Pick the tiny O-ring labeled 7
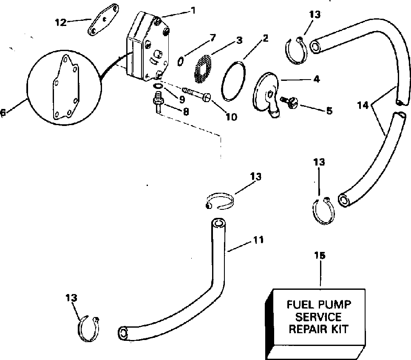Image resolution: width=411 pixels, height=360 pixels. (180, 61)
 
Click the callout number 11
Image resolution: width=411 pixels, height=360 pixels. (258, 240)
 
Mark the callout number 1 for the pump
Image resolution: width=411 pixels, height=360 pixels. (193, 10)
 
